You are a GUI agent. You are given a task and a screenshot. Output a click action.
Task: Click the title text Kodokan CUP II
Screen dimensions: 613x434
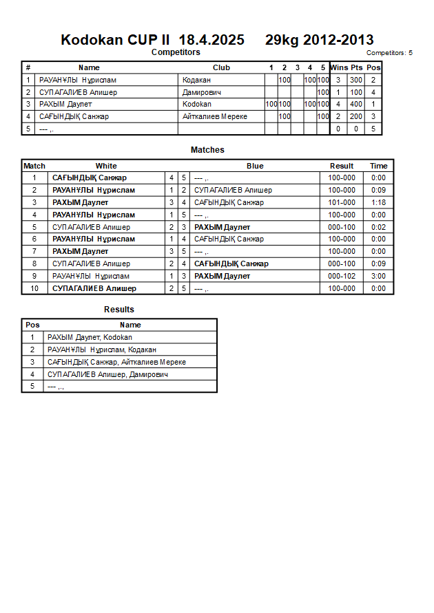pyautogui.click(x=115, y=40)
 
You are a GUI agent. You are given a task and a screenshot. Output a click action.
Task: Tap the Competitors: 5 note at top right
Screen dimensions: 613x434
pyautogui.click(x=389, y=52)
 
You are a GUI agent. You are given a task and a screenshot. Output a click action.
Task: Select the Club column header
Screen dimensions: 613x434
pyautogui.click(x=221, y=67)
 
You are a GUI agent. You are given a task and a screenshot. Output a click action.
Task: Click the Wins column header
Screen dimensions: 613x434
pyautogui.click(x=339, y=67)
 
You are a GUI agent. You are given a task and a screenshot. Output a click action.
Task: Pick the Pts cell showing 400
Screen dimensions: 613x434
pyautogui.click(x=356, y=104)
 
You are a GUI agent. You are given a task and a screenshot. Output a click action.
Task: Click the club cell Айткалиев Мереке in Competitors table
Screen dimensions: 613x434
pyautogui.click(x=215, y=116)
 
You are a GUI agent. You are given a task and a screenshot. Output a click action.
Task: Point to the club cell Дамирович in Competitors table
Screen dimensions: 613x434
pyautogui.click(x=202, y=92)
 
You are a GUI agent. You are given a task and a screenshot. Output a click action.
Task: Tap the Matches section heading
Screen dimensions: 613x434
pyautogui.click(x=207, y=150)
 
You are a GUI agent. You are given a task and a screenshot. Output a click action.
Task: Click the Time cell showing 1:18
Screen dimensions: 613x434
pyautogui.click(x=378, y=202)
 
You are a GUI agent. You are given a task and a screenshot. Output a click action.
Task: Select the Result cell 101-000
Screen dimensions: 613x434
pyautogui.click(x=342, y=202)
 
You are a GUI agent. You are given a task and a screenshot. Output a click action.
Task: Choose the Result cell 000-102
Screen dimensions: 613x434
pyautogui.click(x=342, y=276)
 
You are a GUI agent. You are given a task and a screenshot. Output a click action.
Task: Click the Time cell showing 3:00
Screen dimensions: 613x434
pyautogui.click(x=378, y=276)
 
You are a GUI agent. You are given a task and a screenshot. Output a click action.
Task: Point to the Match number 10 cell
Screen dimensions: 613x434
pyautogui.click(x=34, y=288)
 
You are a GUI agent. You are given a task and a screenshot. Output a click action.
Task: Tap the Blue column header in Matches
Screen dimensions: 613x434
pyautogui.click(x=255, y=166)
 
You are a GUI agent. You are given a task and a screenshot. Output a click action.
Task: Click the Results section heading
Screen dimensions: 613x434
pyautogui.click(x=119, y=310)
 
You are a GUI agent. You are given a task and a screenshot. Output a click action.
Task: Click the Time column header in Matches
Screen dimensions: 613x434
pyautogui.click(x=378, y=166)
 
